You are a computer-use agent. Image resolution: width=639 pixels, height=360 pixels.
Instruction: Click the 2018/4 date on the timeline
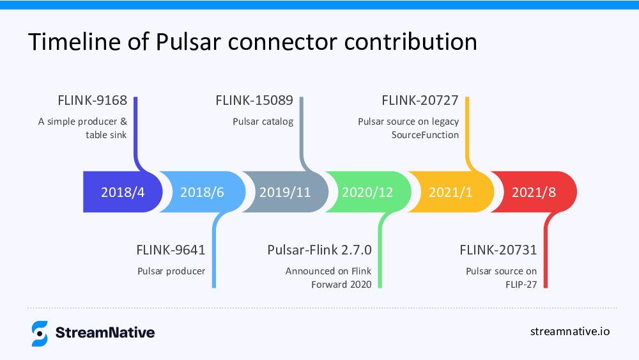(x=123, y=192)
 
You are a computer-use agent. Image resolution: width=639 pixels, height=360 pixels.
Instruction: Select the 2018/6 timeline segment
(x=202, y=192)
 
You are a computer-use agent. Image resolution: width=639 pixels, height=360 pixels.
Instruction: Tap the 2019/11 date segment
(x=285, y=192)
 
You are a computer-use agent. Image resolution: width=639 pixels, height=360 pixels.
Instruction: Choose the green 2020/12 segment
(x=367, y=192)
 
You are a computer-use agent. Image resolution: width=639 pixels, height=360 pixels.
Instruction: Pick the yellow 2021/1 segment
(x=450, y=192)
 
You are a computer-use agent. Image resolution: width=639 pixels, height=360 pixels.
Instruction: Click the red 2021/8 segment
(x=534, y=192)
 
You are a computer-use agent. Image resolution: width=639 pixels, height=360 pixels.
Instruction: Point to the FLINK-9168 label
(x=92, y=100)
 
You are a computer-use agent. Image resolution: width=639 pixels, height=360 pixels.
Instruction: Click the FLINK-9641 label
(x=171, y=249)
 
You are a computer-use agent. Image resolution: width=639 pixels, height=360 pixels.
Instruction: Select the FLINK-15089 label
(x=254, y=100)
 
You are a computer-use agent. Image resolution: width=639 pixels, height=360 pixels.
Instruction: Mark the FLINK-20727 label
(x=420, y=100)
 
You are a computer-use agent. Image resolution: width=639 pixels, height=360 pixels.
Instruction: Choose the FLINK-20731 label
(x=498, y=249)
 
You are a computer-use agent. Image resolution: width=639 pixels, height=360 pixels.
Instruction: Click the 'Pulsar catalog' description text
(x=263, y=121)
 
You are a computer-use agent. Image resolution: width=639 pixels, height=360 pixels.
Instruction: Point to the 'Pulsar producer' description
(x=171, y=271)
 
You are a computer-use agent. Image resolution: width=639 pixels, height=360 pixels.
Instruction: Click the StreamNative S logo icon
(x=40, y=333)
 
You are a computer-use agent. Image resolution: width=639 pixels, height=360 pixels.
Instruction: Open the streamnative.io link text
(x=570, y=331)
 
